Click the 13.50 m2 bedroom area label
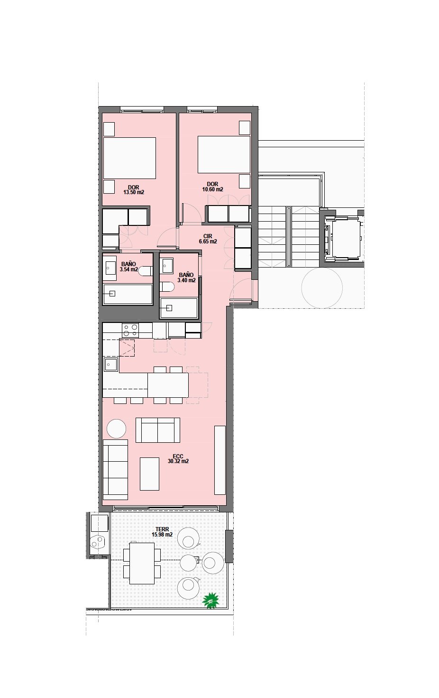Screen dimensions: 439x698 pos(134,190)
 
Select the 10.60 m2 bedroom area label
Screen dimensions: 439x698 pos(212,187)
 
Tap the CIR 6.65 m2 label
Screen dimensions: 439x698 pos(208,239)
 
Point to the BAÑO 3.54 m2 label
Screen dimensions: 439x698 pos(128,267)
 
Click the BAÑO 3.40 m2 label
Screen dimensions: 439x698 pos(186,277)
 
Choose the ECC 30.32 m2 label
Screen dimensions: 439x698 pos(178,459)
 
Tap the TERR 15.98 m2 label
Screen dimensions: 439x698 pos(162,532)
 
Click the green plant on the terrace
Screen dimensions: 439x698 pos(211,600)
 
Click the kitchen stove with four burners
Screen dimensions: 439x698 pos(130,330)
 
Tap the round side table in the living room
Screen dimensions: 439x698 pos(116,429)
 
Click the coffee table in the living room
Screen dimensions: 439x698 pos(149,474)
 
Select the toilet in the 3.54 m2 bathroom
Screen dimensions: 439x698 pos(145,271)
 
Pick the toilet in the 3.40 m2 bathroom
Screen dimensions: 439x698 pos(166,287)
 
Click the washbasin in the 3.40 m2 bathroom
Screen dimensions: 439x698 pos(166,265)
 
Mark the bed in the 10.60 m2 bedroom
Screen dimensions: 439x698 pos(224,154)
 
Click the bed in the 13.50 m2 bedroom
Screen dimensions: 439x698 pos(129,158)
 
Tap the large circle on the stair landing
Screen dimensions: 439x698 pos(322,288)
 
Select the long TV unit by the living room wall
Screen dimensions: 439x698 pos(219,460)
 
